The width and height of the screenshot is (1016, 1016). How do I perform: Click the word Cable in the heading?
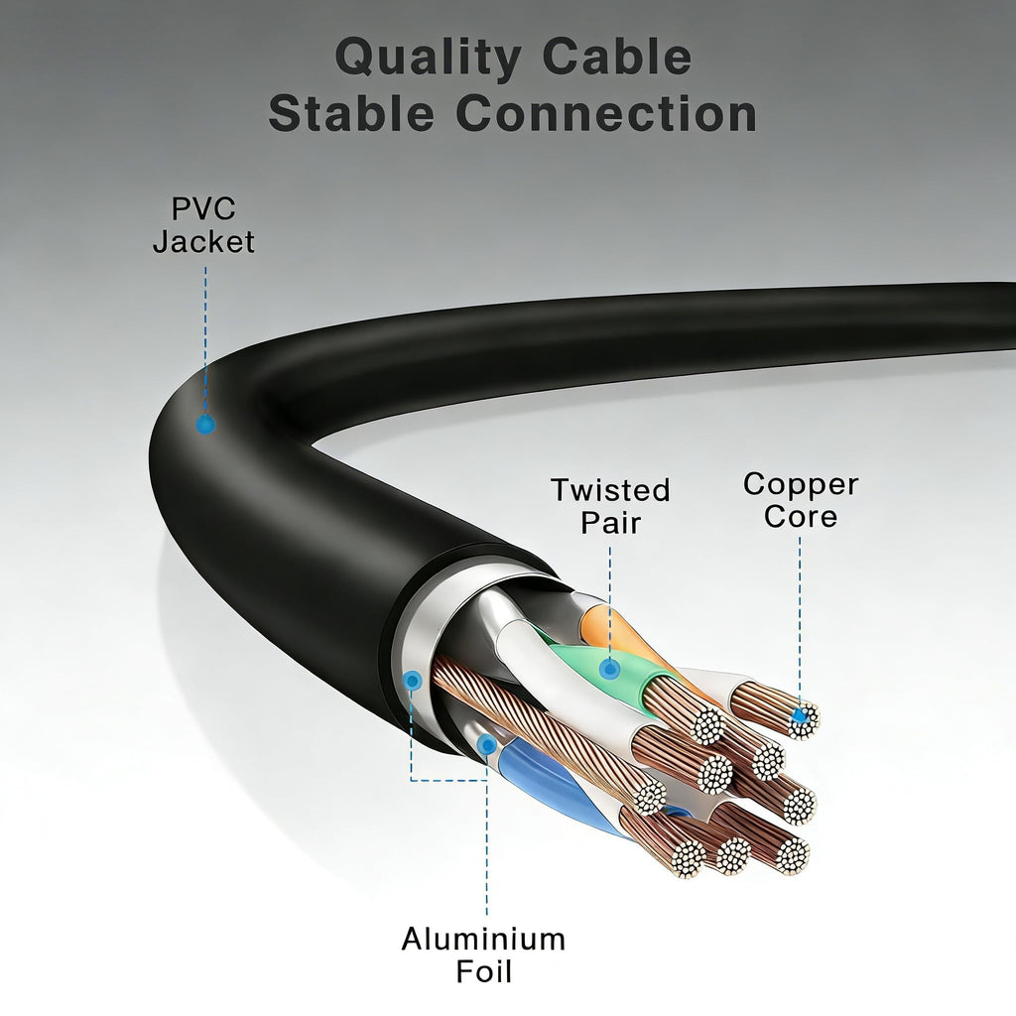pyautogui.click(x=617, y=56)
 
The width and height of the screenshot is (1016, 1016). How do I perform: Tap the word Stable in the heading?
pyautogui.click(x=351, y=112)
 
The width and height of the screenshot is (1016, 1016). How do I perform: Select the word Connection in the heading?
pyautogui.click(x=606, y=113)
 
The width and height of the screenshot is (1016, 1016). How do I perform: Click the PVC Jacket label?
pyautogui.click(x=203, y=225)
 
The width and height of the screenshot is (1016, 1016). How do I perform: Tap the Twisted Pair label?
pyautogui.click(x=610, y=506)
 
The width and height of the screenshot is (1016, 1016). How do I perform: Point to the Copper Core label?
pyautogui.click(x=801, y=500)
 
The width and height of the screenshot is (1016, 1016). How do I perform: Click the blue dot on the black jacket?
pyautogui.click(x=205, y=425)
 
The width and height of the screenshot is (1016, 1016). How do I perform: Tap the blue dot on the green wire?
pyautogui.click(x=608, y=669)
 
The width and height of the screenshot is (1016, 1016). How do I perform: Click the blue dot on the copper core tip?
pyautogui.click(x=801, y=715)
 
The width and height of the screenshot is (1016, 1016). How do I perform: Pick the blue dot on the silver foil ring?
pyautogui.click(x=412, y=681)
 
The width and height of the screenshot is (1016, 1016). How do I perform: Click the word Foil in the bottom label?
pyautogui.click(x=483, y=971)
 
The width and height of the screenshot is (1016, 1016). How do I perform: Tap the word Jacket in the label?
pyautogui.click(x=203, y=241)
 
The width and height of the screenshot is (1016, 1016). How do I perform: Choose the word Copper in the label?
pyautogui.click(x=801, y=484)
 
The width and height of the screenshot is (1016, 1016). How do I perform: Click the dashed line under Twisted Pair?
pyautogui.click(x=609, y=602)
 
